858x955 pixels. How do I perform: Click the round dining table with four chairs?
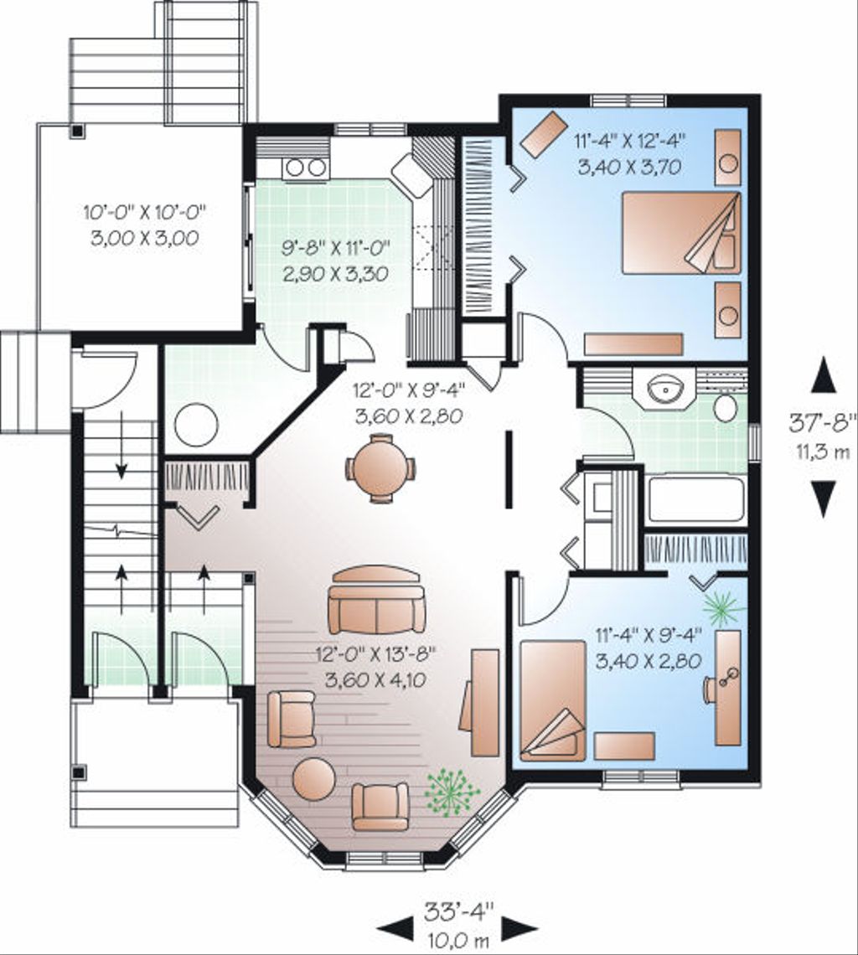click(380, 468)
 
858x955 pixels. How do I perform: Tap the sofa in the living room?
click(376, 601)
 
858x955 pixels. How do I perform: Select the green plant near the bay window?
click(452, 790)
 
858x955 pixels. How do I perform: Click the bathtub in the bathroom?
click(695, 500)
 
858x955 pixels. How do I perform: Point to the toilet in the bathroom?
click(725, 407)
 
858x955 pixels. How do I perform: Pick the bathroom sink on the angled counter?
click(668, 388)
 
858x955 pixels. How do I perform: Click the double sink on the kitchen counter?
click(306, 168)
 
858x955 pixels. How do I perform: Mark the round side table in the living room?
click(313, 779)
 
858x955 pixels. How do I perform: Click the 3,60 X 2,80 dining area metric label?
click(409, 416)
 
